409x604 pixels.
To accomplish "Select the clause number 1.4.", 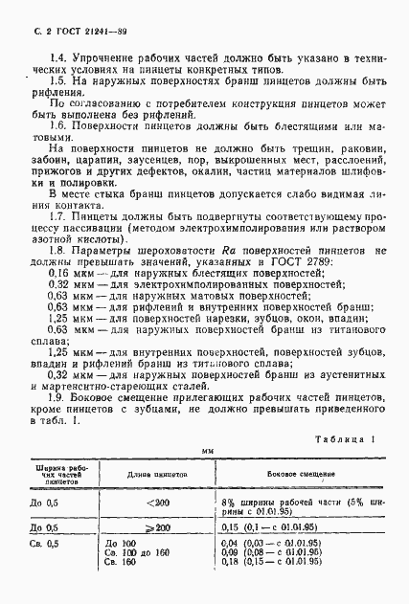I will click(57, 58).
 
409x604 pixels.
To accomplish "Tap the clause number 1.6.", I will click(57, 126).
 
